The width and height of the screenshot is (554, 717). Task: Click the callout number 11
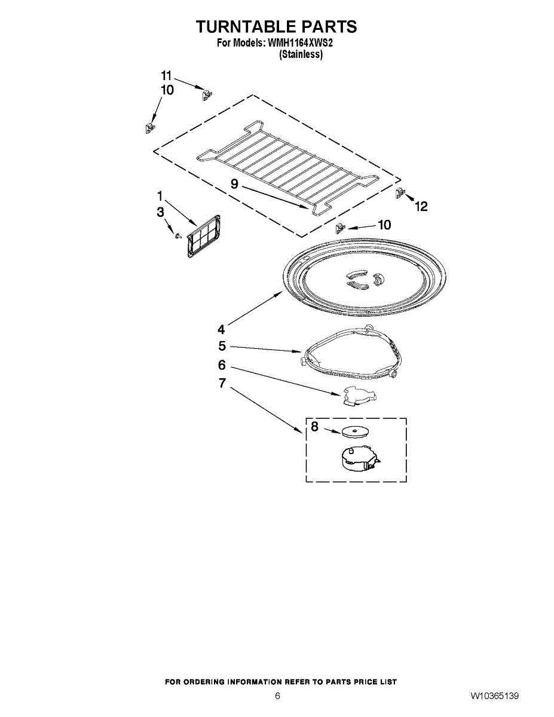[x=166, y=76]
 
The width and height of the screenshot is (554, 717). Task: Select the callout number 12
[x=421, y=206]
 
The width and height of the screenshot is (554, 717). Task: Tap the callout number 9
[x=234, y=183]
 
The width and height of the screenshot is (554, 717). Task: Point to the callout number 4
[x=221, y=329]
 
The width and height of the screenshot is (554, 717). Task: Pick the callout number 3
[x=160, y=212]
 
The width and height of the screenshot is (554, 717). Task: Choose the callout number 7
[x=222, y=383]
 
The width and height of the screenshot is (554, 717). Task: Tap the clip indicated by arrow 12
[x=400, y=192]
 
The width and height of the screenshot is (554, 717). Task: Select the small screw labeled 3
[x=178, y=235]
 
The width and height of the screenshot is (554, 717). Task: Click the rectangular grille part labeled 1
[x=204, y=236]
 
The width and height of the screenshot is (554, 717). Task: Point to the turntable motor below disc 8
[x=359, y=459]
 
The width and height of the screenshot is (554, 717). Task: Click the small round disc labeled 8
[x=356, y=432]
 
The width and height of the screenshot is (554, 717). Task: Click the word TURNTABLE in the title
[x=246, y=26]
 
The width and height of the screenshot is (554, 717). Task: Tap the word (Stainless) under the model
[x=300, y=54]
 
